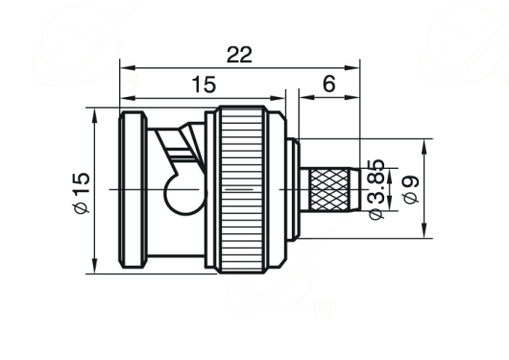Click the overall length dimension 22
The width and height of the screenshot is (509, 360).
point(239,55)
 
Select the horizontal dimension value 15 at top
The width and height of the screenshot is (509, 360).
point(204,84)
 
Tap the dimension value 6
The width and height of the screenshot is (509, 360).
point(329,84)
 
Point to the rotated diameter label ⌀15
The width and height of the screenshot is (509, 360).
point(81,193)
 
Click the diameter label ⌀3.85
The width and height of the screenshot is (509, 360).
point(376,189)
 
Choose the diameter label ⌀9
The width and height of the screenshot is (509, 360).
point(410,189)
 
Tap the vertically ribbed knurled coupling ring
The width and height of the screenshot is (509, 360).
point(242,189)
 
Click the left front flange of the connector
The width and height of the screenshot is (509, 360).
point(133,190)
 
